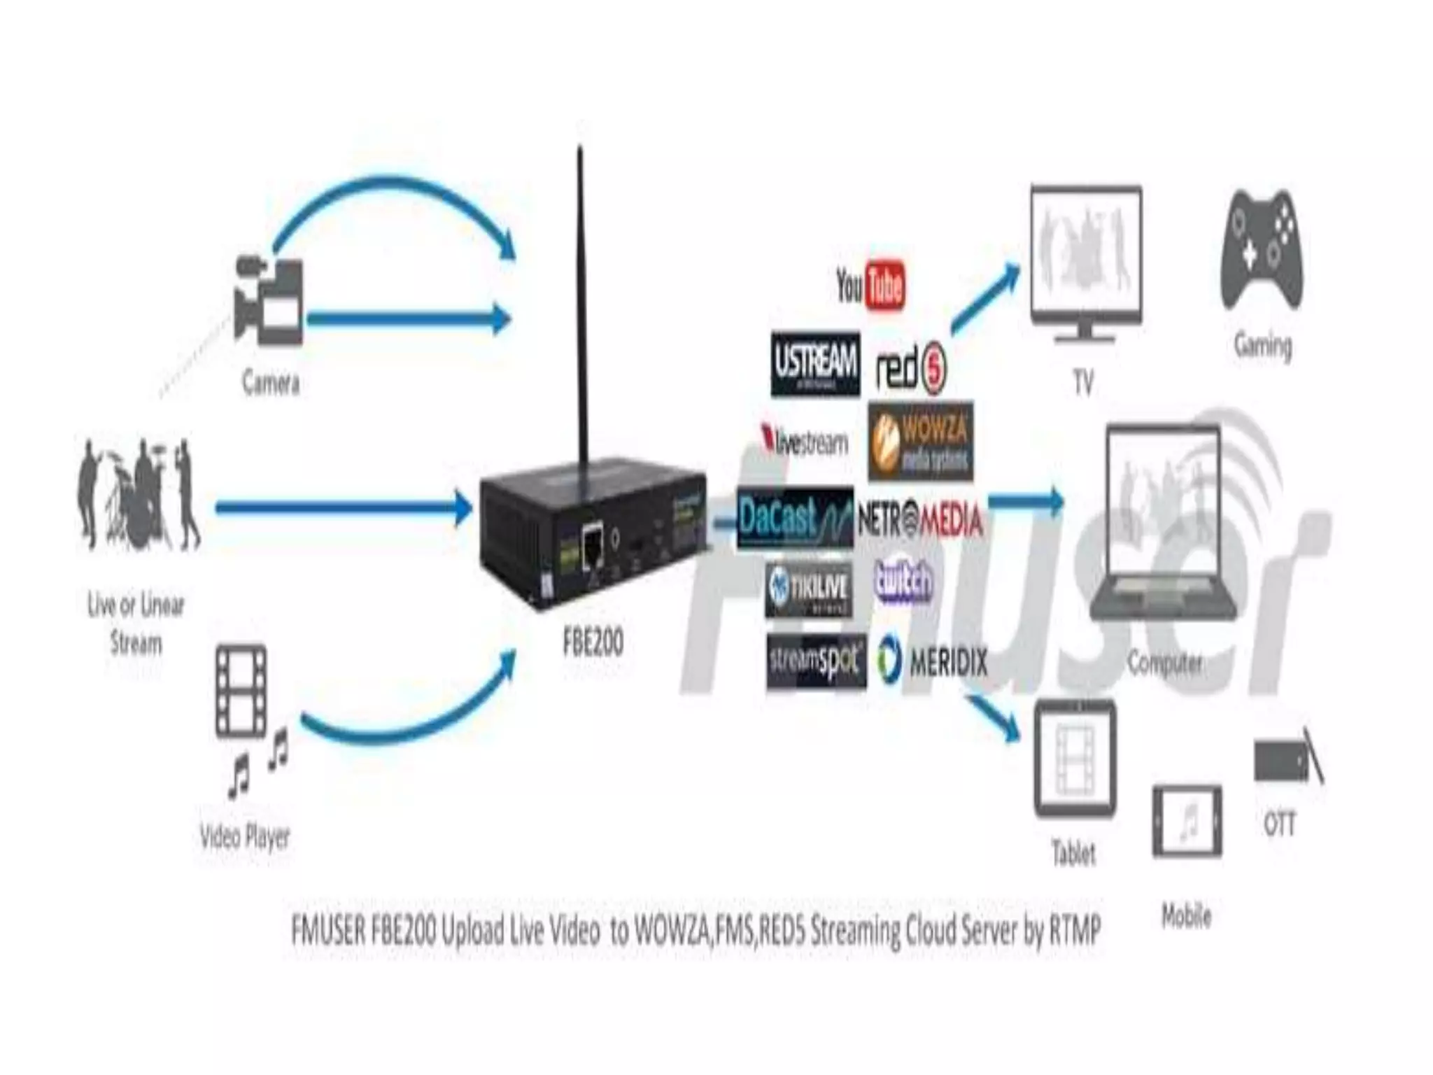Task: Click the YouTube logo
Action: (x=870, y=285)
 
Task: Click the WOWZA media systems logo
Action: (x=921, y=441)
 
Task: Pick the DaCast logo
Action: (x=796, y=519)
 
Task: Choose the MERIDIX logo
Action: (x=932, y=661)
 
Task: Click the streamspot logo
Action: (x=816, y=661)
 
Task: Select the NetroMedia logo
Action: (x=920, y=520)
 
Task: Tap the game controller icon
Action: (x=1262, y=251)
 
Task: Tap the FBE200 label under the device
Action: (x=593, y=642)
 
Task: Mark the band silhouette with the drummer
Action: (x=137, y=493)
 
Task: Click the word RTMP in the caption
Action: (x=1075, y=931)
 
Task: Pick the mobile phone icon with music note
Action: (x=1187, y=822)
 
